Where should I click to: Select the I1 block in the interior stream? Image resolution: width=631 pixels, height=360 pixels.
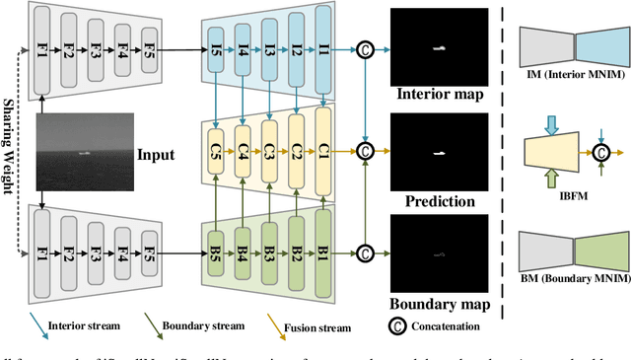pos(322,47)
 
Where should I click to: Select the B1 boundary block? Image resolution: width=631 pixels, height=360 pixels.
pos(322,253)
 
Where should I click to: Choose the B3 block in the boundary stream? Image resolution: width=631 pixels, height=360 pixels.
pos(269,253)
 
